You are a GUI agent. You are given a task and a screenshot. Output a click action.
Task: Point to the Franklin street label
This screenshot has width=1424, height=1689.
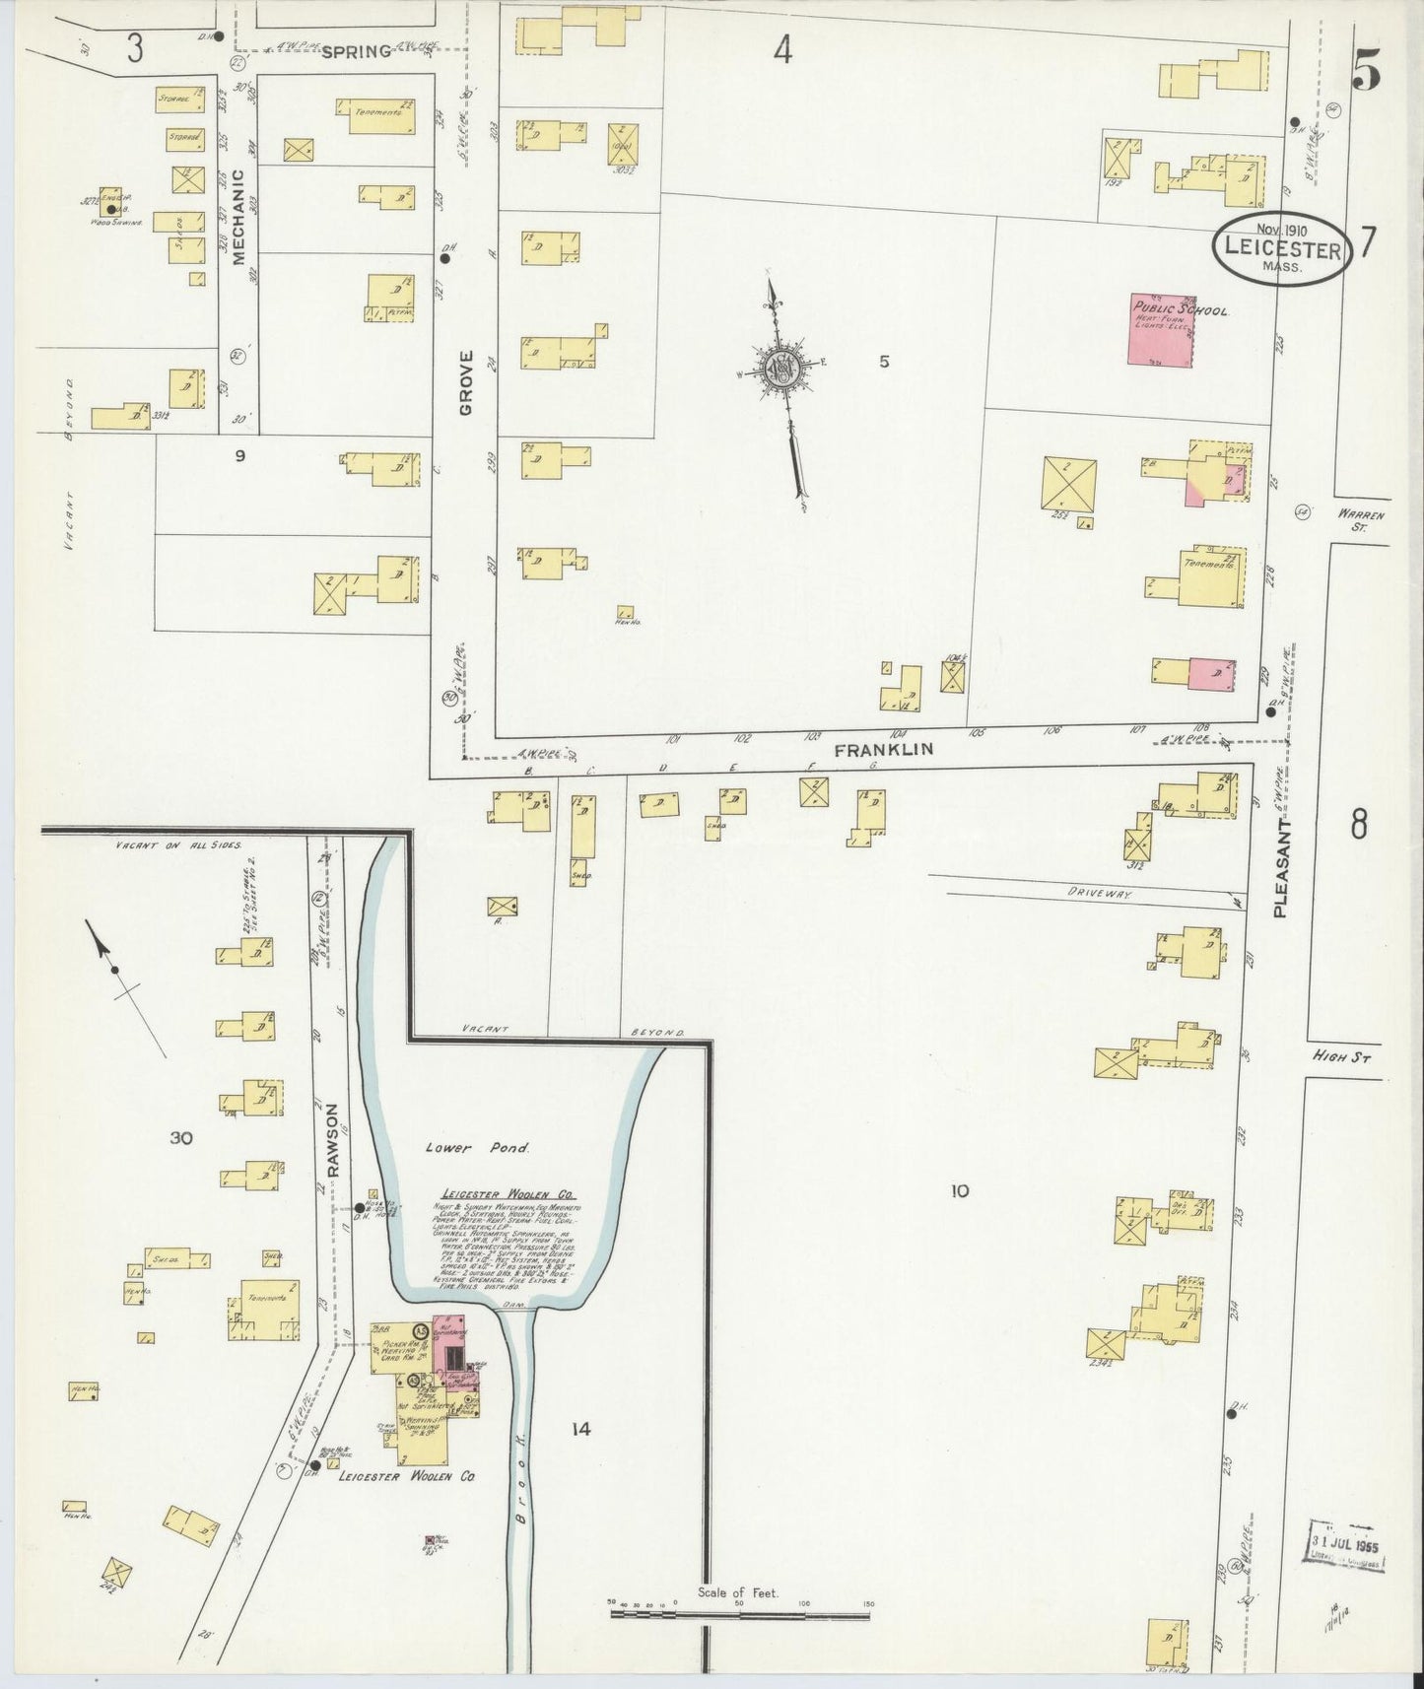[x=883, y=750]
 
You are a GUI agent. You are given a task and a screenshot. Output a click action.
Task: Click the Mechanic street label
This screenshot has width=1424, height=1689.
[x=237, y=218]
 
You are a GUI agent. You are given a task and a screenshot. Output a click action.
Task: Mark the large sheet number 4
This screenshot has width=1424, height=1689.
[x=782, y=50]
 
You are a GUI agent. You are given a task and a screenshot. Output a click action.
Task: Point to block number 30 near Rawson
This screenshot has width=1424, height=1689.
[x=180, y=1138]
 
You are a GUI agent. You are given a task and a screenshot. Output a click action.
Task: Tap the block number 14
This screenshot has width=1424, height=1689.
[x=580, y=1428]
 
